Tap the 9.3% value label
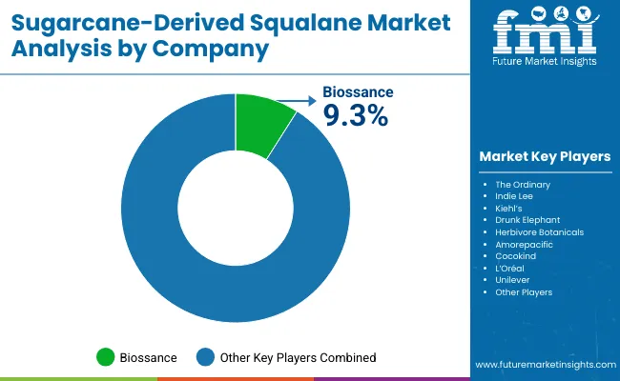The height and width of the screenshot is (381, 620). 356,115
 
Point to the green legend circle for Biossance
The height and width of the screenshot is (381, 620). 105,357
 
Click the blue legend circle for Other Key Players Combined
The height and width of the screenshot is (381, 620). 205,357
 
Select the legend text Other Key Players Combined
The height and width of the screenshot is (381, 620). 298,357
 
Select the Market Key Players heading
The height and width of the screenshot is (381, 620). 545,156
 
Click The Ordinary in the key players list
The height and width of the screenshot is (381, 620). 523,183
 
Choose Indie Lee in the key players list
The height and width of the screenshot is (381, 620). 515,195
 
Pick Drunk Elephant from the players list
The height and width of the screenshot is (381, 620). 527,219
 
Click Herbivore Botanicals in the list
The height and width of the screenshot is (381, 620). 539,231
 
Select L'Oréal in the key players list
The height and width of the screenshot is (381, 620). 511,268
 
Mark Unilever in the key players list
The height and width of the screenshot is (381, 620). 513,280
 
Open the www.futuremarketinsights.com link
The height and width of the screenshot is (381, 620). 544,365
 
